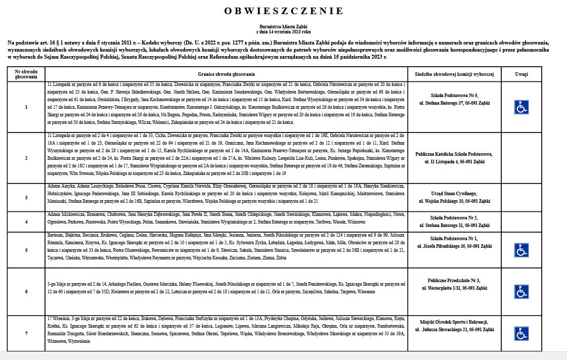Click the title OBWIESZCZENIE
283,11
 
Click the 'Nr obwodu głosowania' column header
26,74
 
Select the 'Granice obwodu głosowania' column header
226,74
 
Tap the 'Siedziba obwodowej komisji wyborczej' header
454,74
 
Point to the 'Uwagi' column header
521,74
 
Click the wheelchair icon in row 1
521,107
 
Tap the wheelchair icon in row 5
521,250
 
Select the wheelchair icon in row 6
521,292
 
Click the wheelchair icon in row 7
521,333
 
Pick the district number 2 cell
26,158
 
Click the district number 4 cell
26,221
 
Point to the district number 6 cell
26,292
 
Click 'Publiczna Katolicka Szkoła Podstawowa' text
454,154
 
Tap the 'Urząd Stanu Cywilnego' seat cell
454,194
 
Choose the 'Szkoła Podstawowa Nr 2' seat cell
454,217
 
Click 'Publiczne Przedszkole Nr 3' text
454,280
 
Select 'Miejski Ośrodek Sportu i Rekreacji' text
454,322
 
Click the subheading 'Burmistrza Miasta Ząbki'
283,26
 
